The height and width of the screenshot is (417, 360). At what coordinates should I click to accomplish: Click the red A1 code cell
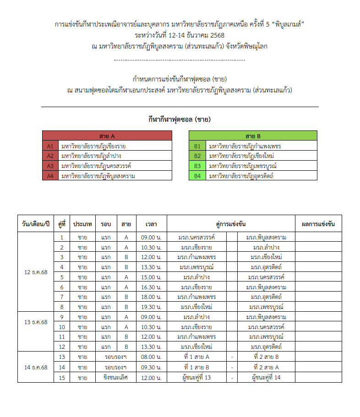pos(50,146)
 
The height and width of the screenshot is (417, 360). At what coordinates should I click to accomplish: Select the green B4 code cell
pos(197,176)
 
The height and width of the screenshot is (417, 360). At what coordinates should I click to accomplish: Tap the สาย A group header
pos(107,136)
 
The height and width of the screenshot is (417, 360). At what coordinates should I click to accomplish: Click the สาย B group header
pos(253,136)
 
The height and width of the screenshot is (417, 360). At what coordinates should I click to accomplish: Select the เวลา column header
pos(151,224)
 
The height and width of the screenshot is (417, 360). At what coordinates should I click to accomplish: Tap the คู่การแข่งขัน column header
pos(231,224)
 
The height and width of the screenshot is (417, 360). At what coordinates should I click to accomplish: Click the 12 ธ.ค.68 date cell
pos(36,272)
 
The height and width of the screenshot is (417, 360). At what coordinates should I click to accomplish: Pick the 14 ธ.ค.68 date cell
pos(36,367)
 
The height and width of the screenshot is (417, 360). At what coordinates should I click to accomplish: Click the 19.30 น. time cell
pos(151,307)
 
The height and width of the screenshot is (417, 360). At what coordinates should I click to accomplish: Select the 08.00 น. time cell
pos(151,357)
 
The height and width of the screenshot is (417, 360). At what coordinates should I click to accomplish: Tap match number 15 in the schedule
pos(61,377)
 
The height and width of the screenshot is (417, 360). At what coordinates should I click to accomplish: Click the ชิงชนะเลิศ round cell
pos(115,377)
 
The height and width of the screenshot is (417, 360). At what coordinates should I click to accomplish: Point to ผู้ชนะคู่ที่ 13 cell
pos(196,377)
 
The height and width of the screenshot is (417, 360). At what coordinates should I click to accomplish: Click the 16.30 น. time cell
pos(151,287)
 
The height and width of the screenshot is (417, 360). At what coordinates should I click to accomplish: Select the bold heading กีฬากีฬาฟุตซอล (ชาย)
pos(180,120)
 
